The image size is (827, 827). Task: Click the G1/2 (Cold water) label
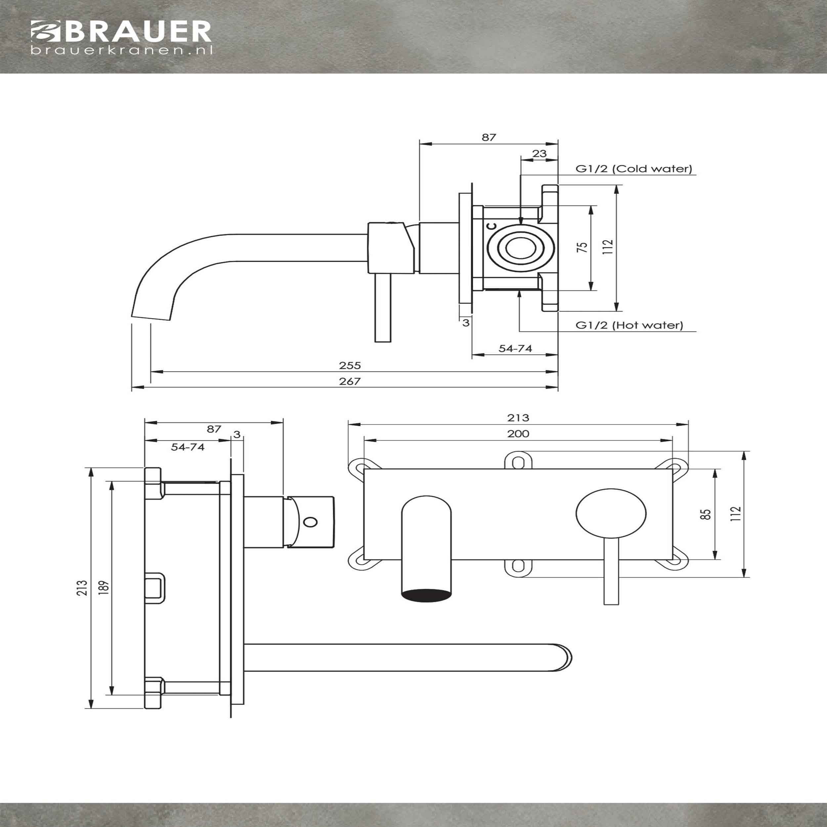[x=633, y=169]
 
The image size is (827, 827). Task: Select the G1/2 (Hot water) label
[x=629, y=325]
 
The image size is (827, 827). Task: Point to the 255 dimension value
[x=350, y=366]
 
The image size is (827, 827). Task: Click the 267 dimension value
[x=350, y=381]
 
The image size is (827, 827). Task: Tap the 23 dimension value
[x=539, y=153]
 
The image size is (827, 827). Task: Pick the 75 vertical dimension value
[x=583, y=247]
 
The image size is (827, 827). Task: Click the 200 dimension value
[x=518, y=434]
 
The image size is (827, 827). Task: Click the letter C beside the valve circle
[x=492, y=226]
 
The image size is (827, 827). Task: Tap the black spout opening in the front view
[x=426, y=595]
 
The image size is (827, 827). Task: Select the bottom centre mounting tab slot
[x=518, y=566]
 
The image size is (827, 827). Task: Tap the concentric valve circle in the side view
[x=520, y=248]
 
